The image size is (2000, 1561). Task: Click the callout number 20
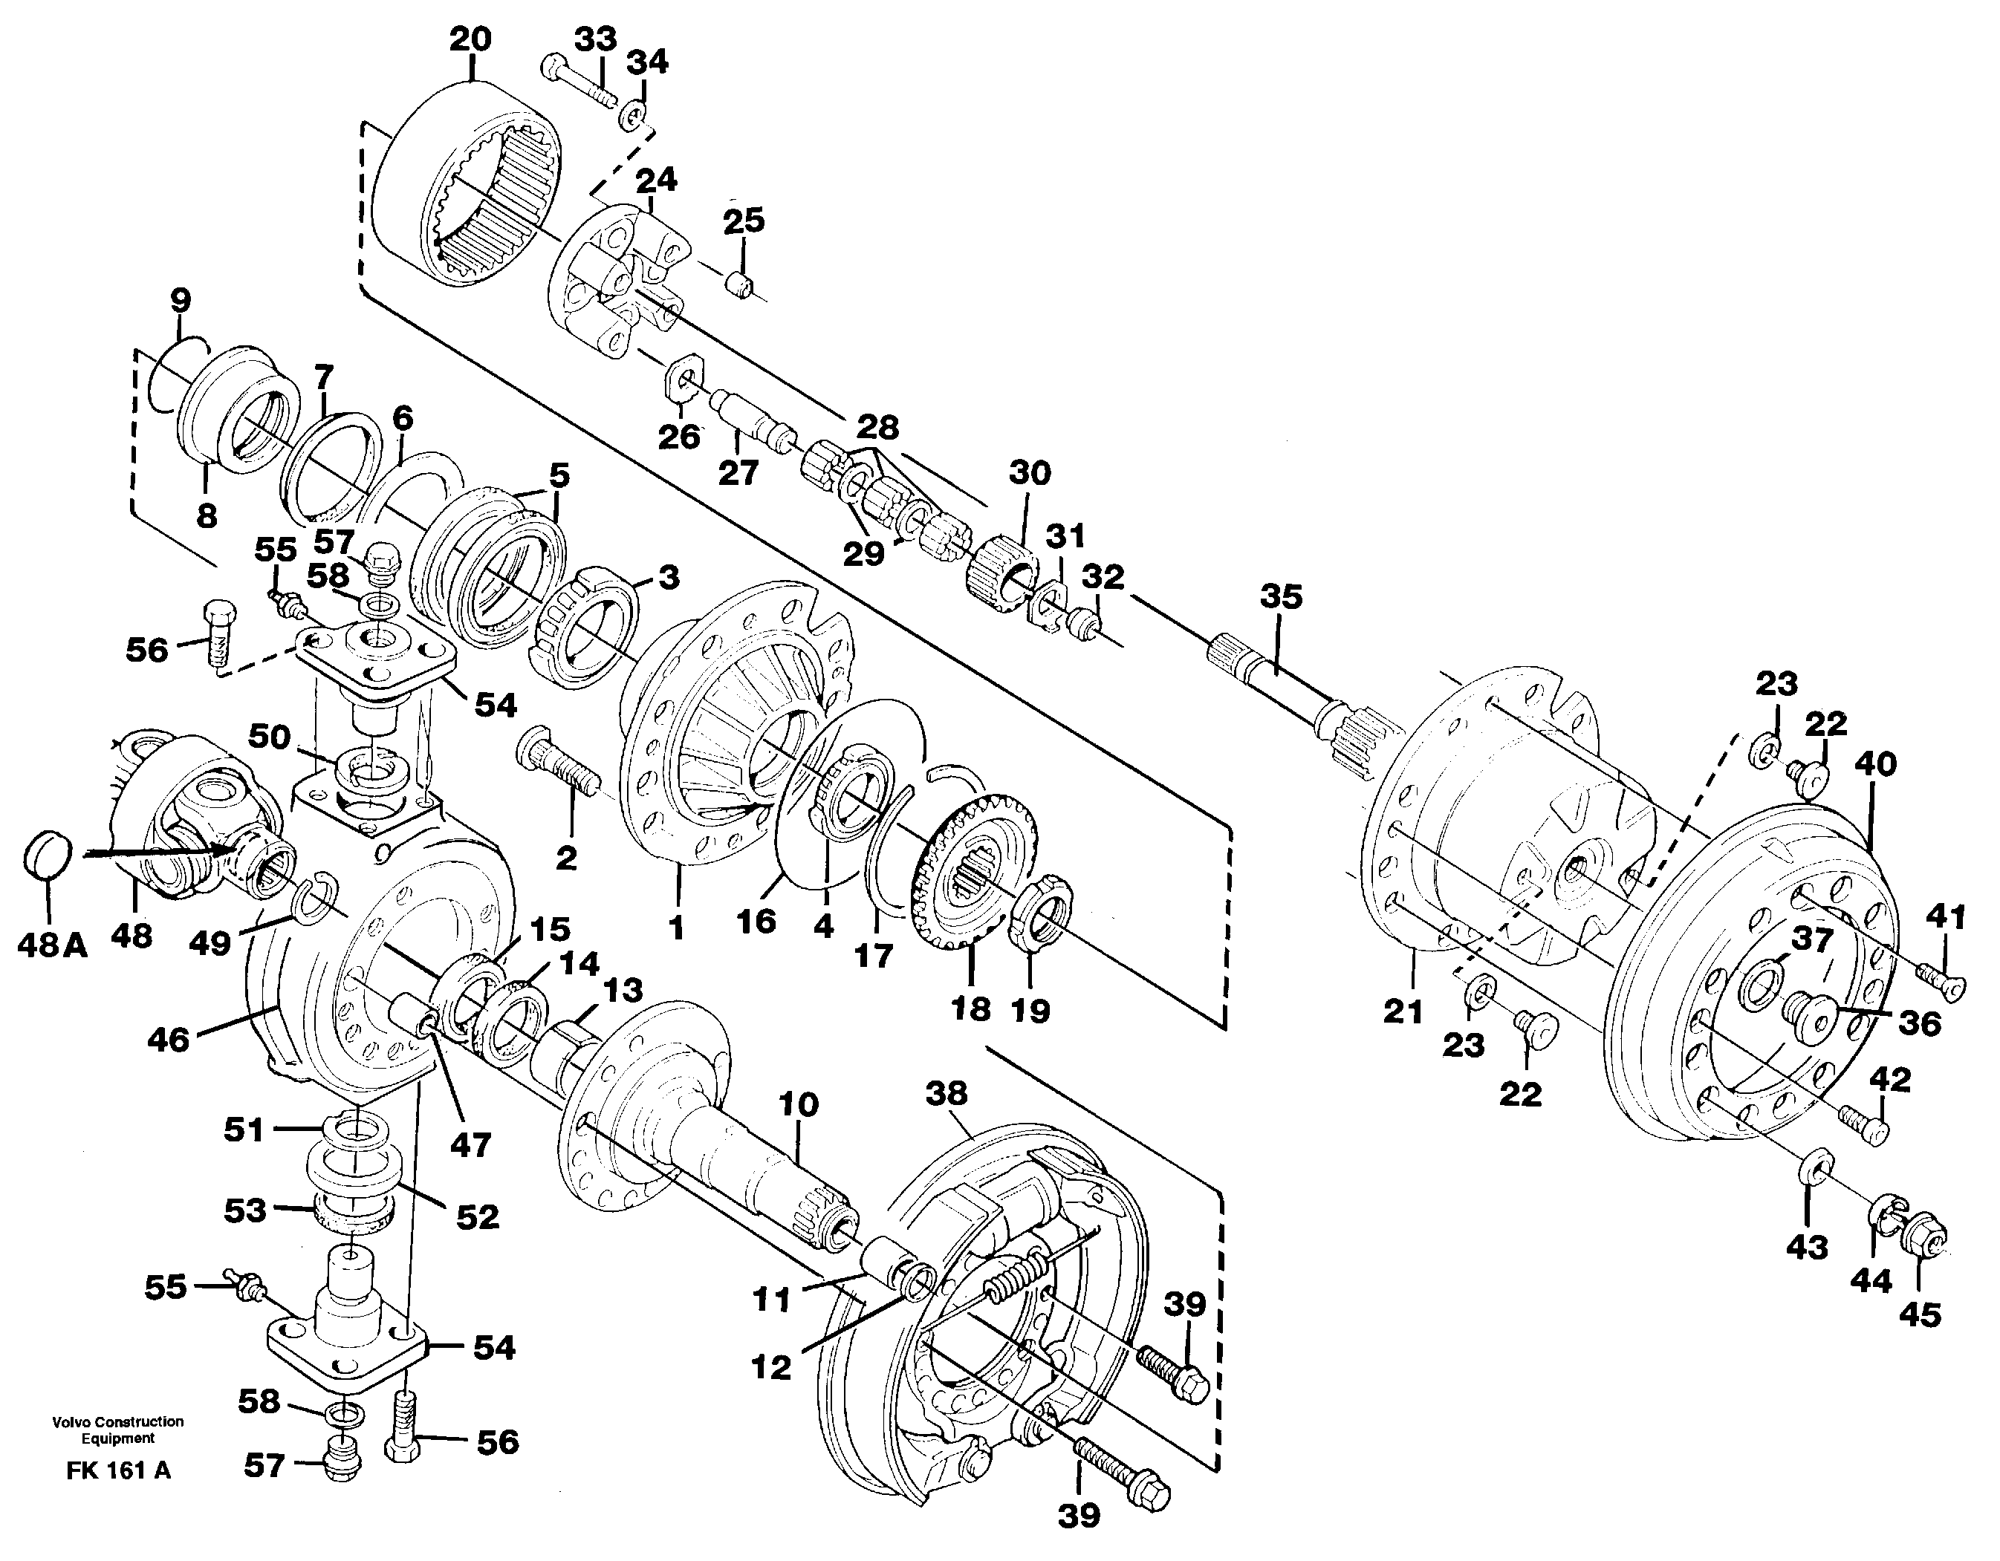(471, 39)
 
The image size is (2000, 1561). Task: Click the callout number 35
(1280, 597)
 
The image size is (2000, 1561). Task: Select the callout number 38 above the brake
(946, 1093)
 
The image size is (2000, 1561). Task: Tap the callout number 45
(1921, 1316)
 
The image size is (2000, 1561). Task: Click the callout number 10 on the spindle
(798, 1105)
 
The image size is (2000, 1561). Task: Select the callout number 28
(877, 427)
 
